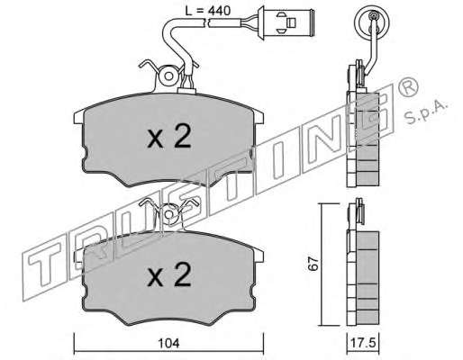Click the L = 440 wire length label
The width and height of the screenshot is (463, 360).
pyautogui.click(x=207, y=11)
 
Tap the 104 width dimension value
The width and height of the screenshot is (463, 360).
pyautogui.click(x=168, y=343)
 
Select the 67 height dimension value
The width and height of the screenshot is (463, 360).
pyautogui.click(x=313, y=264)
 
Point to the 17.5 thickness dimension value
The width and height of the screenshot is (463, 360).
pyautogui.click(x=363, y=343)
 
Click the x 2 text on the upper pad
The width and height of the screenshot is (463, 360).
pyautogui.click(x=169, y=137)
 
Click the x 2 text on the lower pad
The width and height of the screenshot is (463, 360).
pyautogui.click(x=169, y=274)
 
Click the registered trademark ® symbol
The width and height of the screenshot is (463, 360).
pyautogui.click(x=407, y=85)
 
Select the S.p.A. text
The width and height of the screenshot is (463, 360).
pyautogui.click(x=426, y=112)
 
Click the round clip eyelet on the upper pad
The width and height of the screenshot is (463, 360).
pyautogui.click(x=168, y=76)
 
